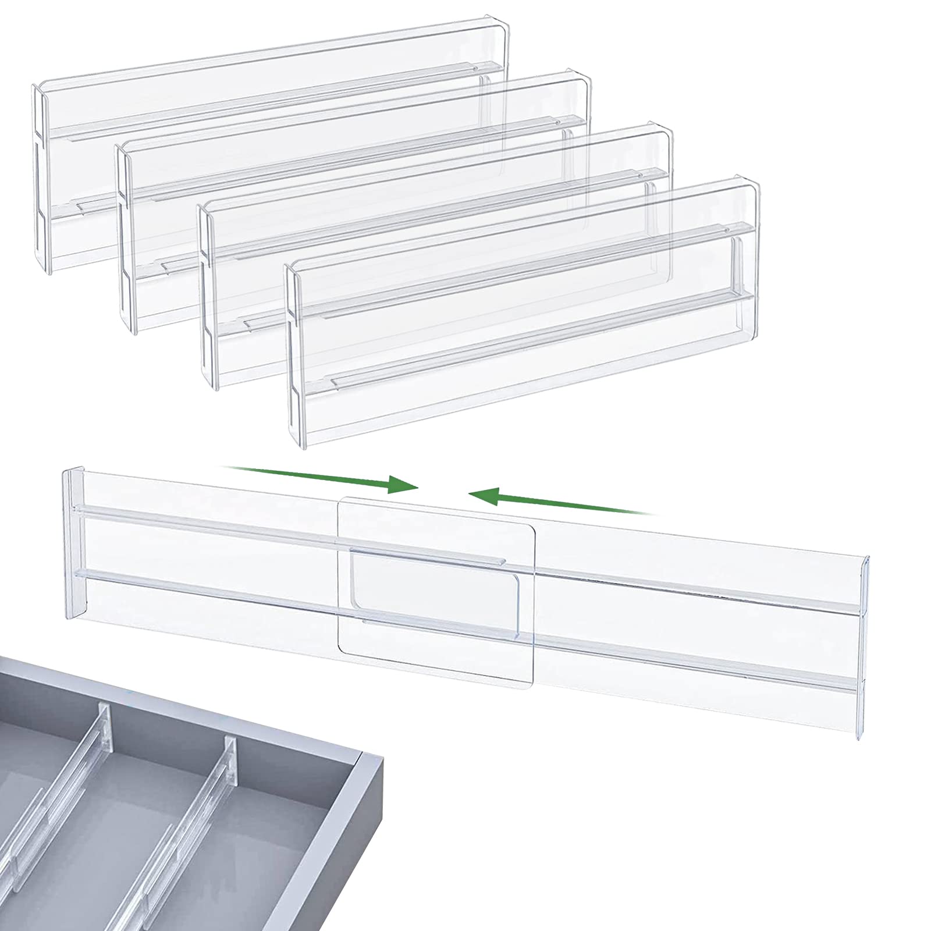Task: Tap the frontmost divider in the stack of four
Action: click(x=524, y=326)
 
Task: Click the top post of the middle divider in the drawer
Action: click(x=104, y=719)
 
